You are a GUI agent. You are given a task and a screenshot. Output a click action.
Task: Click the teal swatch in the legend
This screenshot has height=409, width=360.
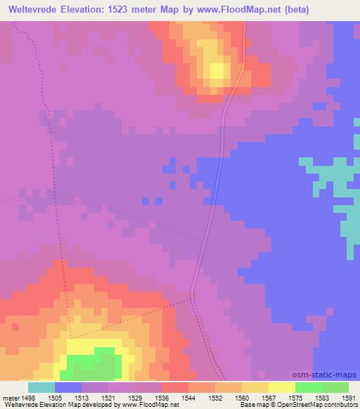click(41, 387)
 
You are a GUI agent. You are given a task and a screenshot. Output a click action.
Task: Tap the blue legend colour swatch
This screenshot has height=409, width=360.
click(68, 387)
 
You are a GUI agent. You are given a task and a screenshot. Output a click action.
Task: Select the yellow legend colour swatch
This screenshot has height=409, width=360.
click(282, 387)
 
